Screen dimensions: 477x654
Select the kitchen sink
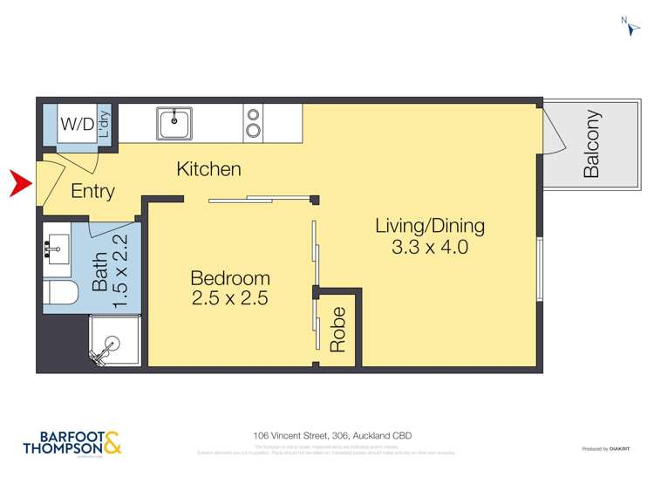[x=176, y=123]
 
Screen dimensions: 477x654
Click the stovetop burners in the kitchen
[x=254, y=122]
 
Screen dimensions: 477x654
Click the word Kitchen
[x=208, y=168]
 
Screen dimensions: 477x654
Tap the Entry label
[x=92, y=191]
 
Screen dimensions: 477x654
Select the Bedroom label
[x=230, y=278]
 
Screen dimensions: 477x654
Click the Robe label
[x=338, y=329]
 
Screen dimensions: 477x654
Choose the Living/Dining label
[x=430, y=225]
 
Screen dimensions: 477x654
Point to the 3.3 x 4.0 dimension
[x=430, y=247]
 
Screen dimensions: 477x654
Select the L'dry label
[x=105, y=125]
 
